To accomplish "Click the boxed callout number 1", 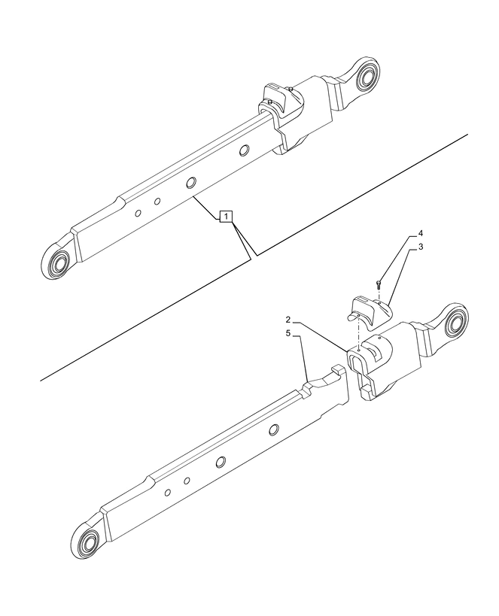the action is click(226, 217).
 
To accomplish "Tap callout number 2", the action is click(288, 319).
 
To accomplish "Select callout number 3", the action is click(421, 247).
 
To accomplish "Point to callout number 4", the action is click(421, 234).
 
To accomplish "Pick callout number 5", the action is click(288, 333).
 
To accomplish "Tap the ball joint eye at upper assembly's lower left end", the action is click(58, 262).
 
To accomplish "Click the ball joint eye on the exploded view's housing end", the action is click(455, 319).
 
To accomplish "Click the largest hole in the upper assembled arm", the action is click(191, 182).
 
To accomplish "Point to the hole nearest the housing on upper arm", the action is click(245, 150).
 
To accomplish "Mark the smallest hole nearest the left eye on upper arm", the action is click(138, 213).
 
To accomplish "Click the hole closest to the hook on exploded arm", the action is click(274, 429).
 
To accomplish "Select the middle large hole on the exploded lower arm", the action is click(221, 462).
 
